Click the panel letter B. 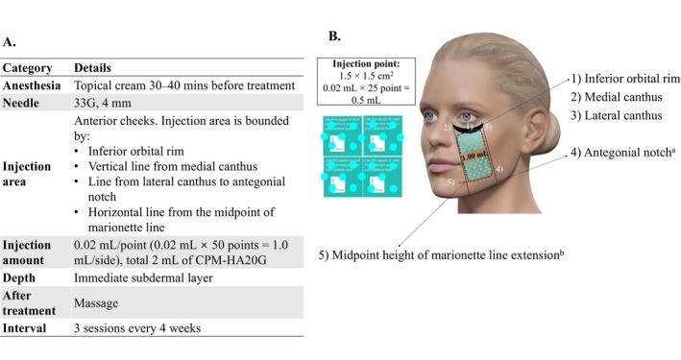(334, 36)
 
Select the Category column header (27, 69)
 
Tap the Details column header (94, 69)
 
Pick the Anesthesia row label (32, 84)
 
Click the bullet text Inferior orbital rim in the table (144, 151)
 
